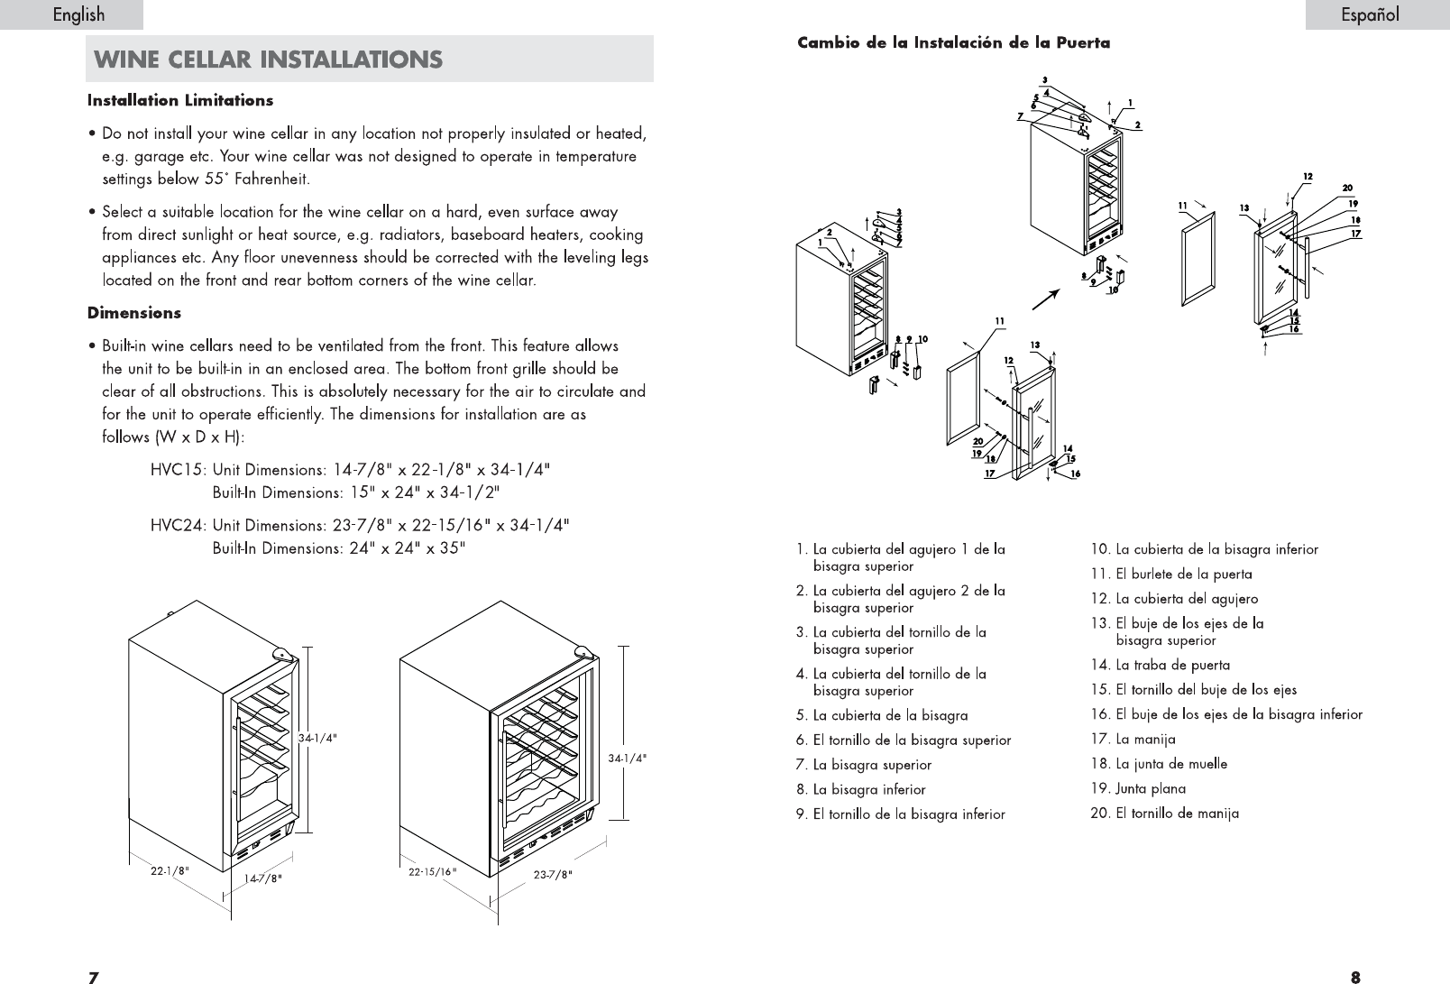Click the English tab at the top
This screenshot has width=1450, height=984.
coord(78,14)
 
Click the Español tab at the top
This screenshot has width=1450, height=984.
coord(1369,14)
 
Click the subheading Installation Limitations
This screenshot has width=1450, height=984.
coord(180,100)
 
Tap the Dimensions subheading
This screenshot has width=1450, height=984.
coord(133,313)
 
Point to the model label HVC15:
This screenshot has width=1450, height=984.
coord(179,470)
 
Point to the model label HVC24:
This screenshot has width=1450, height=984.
coord(179,525)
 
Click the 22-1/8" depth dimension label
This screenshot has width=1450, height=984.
coord(169,871)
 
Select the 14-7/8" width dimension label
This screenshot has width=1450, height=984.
coord(263,878)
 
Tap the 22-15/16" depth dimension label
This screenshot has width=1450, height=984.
coord(433,872)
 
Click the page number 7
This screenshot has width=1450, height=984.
coord(92,976)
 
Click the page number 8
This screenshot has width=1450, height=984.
coord(1355,976)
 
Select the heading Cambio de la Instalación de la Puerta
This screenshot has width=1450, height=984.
coord(953,42)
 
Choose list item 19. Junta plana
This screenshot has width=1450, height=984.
coord(1138,788)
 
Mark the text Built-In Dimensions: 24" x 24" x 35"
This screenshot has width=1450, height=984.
coord(338,547)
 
